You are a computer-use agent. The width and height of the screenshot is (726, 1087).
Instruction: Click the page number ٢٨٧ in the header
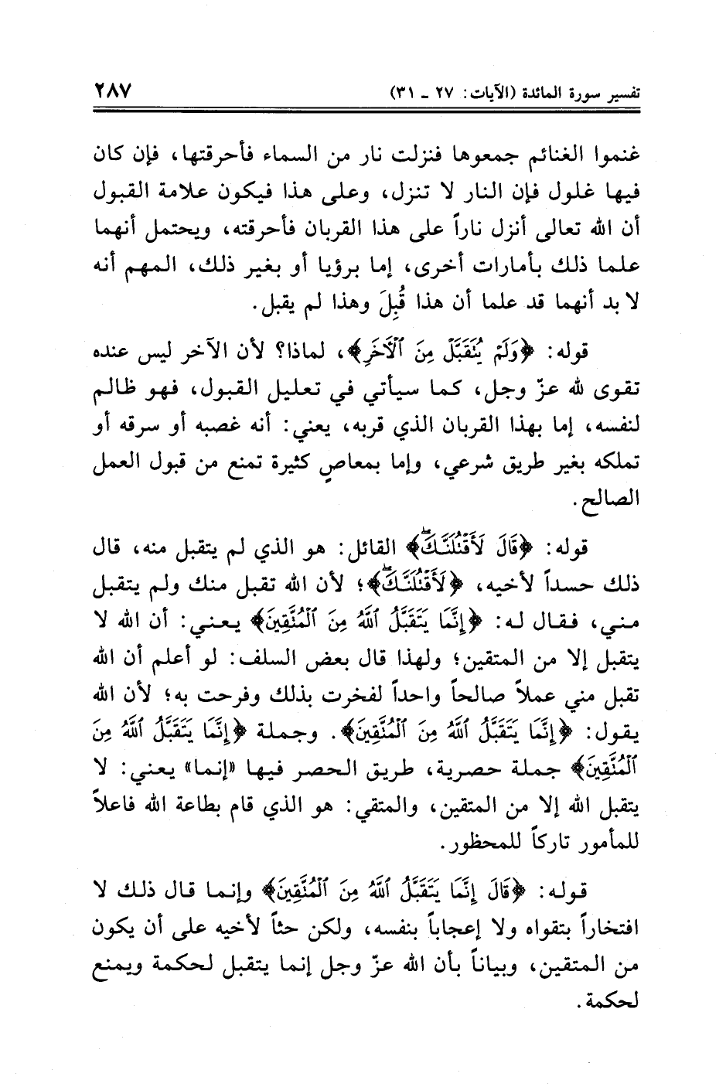pyautogui.click(x=114, y=91)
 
